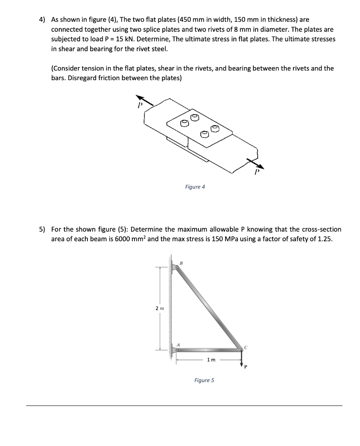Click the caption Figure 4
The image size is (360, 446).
point(195,187)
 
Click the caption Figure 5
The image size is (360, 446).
point(204,380)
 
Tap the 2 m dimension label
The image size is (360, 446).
point(160,308)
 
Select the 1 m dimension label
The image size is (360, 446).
point(211,360)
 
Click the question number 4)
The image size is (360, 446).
point(42,20)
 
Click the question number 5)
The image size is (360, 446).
point(42,229)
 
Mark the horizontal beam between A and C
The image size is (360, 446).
point(209,349)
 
